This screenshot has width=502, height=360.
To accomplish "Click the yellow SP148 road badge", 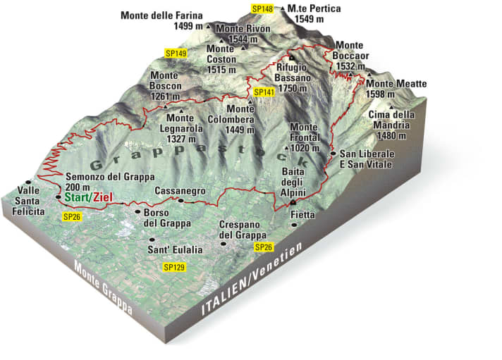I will [x=262, y=8].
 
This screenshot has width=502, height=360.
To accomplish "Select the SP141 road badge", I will [x=263, y=92].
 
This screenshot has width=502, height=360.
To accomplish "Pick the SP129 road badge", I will [x=173, y=267].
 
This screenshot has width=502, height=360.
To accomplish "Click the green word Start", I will [x=78, y=199].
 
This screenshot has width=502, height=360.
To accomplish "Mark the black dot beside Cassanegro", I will [x=180, y=201].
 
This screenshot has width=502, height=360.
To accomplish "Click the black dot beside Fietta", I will [x=294, y=224].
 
